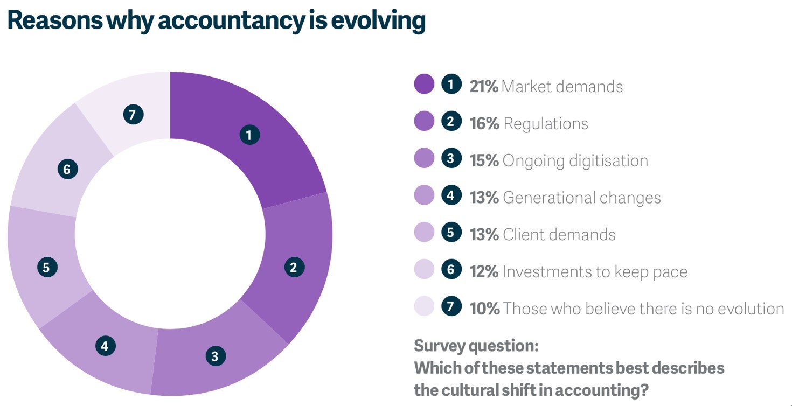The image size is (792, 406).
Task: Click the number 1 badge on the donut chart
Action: (x=249, y=135)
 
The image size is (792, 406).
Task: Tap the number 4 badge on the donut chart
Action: (x=105, y=346)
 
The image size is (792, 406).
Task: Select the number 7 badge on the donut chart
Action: (x=133, y=115)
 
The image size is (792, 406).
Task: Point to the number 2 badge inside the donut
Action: (x=294, y=267)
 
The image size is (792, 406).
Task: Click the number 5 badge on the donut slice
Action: (x=47, y=267)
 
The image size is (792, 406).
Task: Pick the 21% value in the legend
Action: (x=483, y=86)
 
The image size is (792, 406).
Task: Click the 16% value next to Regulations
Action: (x=484, y=123)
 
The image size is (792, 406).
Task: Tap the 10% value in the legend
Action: (x=484, y=309)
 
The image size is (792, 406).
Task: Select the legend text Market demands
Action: (x=562, y=86)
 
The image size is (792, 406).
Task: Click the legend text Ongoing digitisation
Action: (x=575, y=160)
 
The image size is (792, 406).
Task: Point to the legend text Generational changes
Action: (x=581, y=198)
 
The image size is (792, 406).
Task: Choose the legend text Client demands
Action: (x=559, y=235)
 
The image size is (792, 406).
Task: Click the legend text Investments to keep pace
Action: (x=594, y=271)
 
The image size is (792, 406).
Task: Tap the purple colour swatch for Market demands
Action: (x=424, y=85)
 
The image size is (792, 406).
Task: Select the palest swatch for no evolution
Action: (x=424, y=306)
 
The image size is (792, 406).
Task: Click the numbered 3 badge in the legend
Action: (x=451, y=159)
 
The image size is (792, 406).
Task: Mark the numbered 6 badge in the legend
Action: (x=451, y=270)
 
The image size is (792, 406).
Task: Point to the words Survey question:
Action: (x=476, y=346)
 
